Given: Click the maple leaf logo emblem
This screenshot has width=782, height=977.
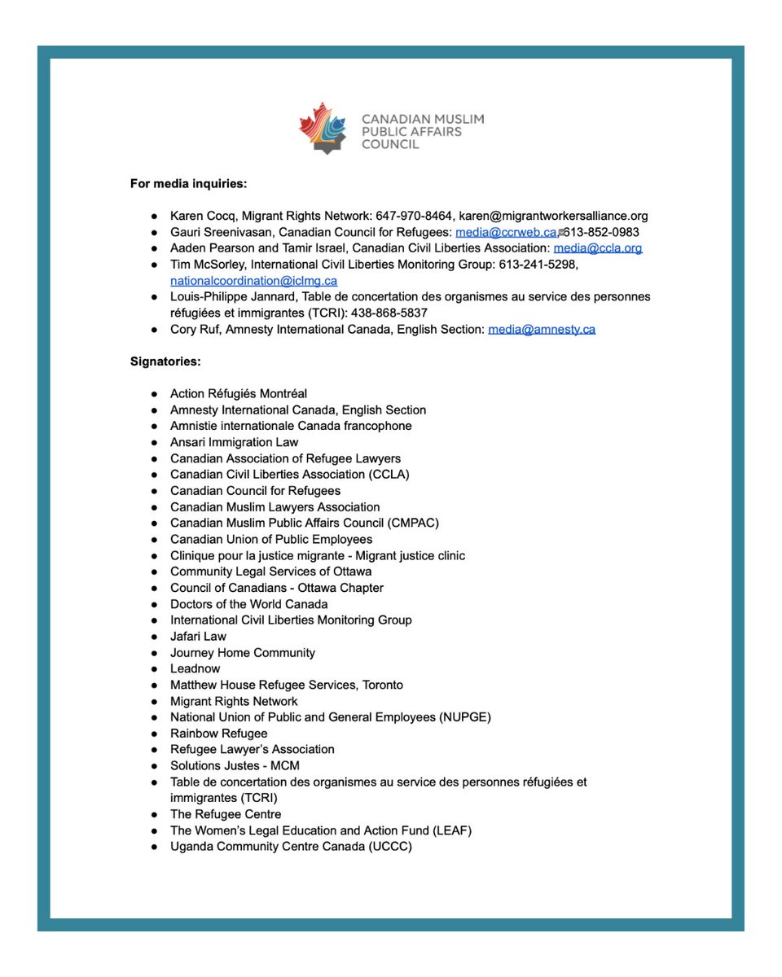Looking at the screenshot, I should point(325,128).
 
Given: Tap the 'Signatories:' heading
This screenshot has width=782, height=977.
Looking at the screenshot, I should point(165,361).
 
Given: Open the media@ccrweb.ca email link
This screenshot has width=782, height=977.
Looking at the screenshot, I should point(505,232).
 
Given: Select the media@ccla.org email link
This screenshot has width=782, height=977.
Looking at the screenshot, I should point(597,248).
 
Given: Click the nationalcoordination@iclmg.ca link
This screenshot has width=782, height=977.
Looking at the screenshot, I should point(253,281).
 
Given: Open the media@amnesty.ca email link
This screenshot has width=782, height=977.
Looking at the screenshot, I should point(541,330).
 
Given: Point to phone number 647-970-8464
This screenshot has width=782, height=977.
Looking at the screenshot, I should point(413,217).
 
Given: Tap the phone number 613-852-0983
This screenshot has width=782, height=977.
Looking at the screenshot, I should point(602,232).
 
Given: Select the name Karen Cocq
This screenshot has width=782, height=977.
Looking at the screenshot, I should point(200,217).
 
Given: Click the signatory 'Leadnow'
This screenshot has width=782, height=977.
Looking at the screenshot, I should point(195,668).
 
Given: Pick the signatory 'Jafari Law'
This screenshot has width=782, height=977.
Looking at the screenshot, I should point(198,636).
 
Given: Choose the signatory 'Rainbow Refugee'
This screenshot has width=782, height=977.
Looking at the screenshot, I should point(218,733).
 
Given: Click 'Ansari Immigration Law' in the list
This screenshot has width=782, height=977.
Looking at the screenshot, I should point(234,442).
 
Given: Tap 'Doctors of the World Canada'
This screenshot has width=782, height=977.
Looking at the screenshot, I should point(248,604).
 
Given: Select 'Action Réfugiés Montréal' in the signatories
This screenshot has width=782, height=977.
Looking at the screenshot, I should point(238,393).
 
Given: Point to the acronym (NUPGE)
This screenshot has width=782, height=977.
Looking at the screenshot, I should point(464,717).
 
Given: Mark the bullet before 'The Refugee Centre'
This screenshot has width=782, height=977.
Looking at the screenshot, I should point(154,815).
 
